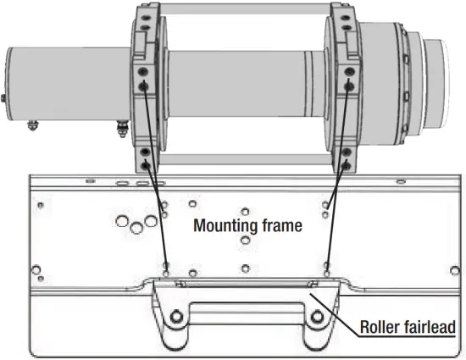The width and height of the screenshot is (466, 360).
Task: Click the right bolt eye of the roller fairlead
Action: click(318, 318)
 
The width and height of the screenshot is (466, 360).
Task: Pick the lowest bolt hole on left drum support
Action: click(145, 162)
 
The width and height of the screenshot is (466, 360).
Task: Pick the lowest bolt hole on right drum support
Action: click(347, 162)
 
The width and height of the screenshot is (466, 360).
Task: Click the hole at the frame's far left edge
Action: click(36, 271)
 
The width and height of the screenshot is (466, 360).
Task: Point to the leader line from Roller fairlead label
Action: click(335, 308)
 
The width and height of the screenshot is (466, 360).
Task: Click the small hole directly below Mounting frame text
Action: click(246, 241)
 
